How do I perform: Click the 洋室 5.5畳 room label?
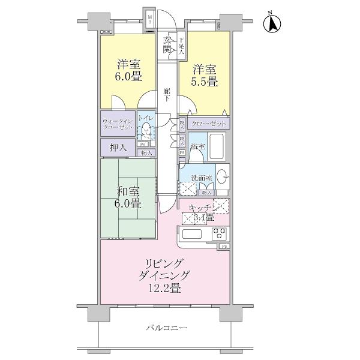click(204, 75)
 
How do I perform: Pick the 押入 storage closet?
click(118, 146)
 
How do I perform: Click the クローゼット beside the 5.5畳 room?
click(208, 123)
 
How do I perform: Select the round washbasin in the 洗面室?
click(221, 177)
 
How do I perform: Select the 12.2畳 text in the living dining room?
click(164, 289)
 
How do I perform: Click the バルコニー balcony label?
click(166, 328)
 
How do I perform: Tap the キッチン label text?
click(200, 207)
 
